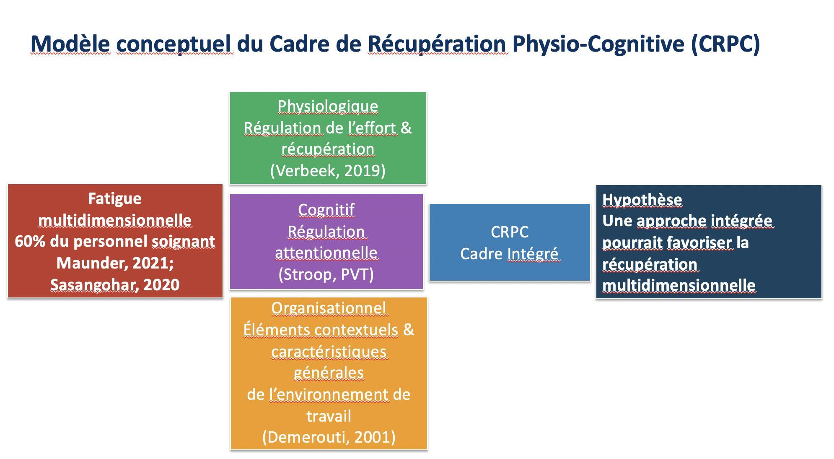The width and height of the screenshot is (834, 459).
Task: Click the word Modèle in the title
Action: coord(70,43)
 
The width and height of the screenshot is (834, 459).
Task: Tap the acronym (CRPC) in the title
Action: coord(725,44)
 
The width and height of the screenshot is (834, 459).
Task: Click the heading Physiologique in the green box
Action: coord(328,107)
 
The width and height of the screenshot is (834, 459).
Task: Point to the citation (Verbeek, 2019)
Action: coord(328,170)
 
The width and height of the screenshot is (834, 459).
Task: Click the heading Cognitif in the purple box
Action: coord(326,209)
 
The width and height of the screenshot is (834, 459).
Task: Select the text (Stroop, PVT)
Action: coord(326,274)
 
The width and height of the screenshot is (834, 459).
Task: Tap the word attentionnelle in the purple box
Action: coord(326,253)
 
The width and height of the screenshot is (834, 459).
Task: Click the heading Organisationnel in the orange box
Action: coord(329,308)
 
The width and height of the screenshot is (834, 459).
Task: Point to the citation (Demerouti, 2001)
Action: coord(329,437)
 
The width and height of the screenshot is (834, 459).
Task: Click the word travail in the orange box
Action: coord(329,416)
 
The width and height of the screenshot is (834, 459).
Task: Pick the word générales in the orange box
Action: coord(329,373)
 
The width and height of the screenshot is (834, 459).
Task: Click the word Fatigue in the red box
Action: coord(115,198)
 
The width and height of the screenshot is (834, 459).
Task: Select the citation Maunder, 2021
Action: coord(113,263)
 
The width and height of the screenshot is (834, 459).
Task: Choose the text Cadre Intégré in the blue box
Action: coord(509,254)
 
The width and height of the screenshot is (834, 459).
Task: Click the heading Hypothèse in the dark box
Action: coord(642,200)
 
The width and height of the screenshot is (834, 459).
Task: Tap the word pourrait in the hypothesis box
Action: coord(632,243)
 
